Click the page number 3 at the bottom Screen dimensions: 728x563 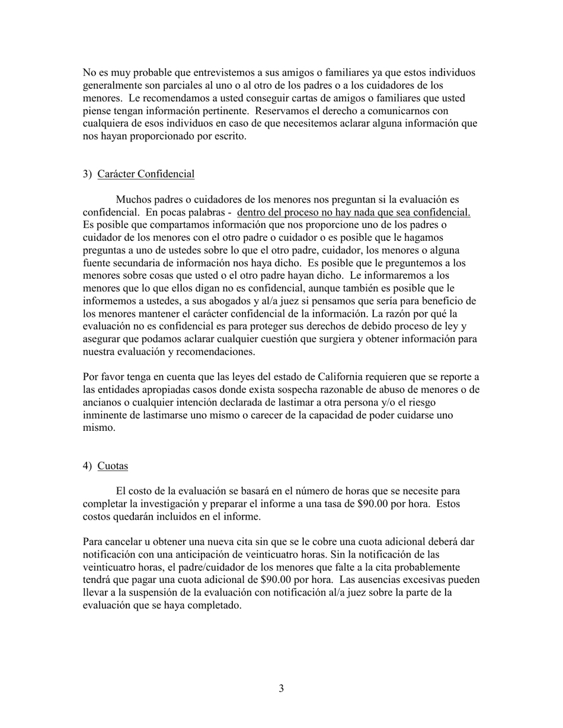point(281,688)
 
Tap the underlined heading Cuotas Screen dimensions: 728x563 point(113,466)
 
